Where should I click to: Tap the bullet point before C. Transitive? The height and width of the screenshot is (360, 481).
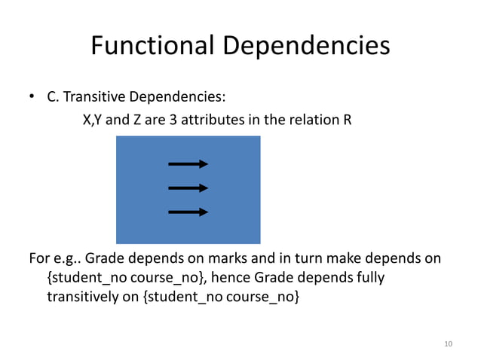(32, 98)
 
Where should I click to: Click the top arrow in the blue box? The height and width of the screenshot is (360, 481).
(188, 163)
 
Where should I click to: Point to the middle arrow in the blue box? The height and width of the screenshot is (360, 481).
(188, 188)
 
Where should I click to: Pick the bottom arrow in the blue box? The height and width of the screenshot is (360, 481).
(188, 212)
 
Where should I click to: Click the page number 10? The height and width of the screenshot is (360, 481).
(449, 344)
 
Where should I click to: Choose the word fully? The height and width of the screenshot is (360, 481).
(369, 278)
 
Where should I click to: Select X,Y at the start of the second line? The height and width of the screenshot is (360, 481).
(93, 119)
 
